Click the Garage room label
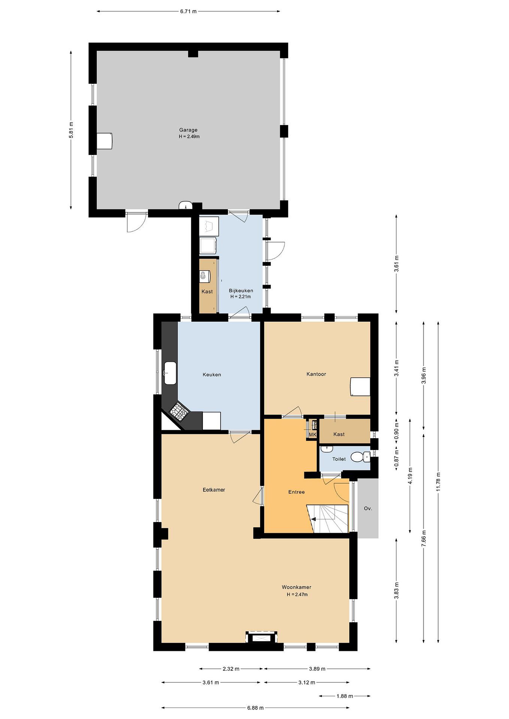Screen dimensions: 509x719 tap(188, 130)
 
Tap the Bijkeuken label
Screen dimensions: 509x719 tap(241, 290)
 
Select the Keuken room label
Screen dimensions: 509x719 tap(212, 374)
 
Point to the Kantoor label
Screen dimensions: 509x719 tap(316, 374)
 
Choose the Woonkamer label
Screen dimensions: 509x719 tap(297, 587)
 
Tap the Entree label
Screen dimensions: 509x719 tap(297, 492)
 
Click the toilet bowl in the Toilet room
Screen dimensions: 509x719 tap(360, 457)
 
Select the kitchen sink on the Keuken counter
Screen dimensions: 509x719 tap(170, 373)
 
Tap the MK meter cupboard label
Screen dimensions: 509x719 tap(313, 435)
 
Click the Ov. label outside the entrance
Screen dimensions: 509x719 tap(368, 509)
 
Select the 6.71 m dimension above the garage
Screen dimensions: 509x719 tap(188, 11)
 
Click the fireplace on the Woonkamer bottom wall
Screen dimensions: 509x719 tap(261, 637)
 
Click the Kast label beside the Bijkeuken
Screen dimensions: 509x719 tap(207, 292)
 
